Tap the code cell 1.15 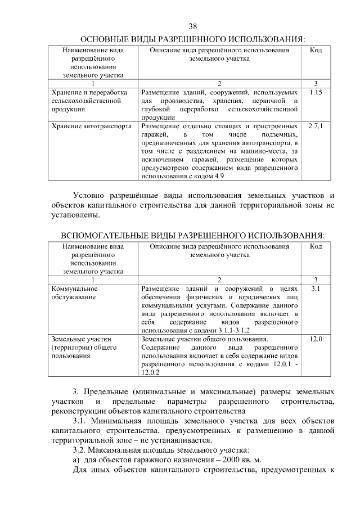click(x=316, y=92)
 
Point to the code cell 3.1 click(x=316, y=288)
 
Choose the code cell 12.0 click(x=316, y=339)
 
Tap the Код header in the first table click(x=316, y=50)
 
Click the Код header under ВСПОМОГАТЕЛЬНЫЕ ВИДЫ click(x=316, y=246)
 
